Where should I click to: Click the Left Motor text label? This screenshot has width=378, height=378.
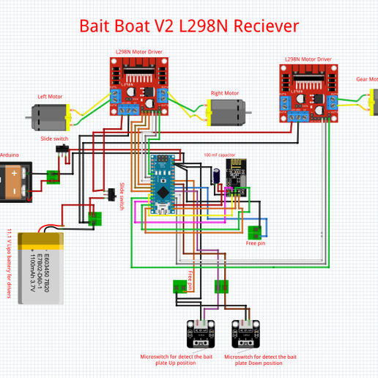51,96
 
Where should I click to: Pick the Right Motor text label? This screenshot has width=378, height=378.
225,93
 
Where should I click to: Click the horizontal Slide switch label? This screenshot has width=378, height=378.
54,138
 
